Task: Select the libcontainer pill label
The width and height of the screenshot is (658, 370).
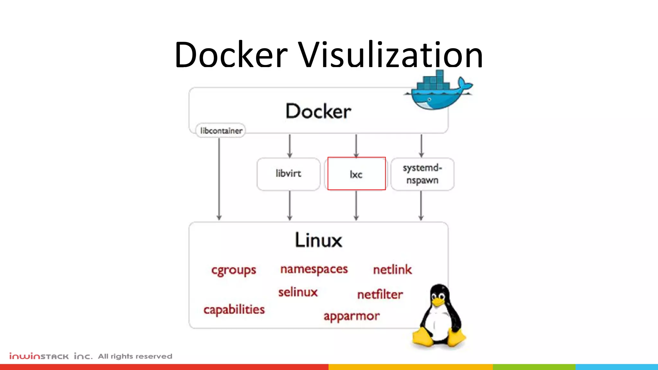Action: coord(221,131)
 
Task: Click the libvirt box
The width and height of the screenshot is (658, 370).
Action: coord(289,174)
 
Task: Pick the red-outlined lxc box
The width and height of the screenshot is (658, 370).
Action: coord(356,174)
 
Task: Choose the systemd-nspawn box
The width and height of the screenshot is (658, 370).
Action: coord(422,174)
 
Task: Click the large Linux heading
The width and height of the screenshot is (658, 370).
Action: coord(318,240)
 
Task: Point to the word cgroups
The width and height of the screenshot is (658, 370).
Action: coord(234,270)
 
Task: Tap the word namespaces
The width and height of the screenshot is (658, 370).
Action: coord(314,269)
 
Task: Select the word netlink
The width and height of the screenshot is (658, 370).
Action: coord(392,270)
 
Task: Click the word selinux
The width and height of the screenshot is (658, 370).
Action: coord(298,292)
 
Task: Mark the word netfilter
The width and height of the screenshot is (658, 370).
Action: coord(380,295)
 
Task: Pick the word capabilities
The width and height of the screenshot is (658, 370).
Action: coord(234,310)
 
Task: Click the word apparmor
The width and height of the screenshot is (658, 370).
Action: coord(351,316)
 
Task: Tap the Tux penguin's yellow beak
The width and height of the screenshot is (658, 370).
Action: coord(438,302)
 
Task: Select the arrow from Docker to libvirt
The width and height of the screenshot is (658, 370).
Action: coord(289,146)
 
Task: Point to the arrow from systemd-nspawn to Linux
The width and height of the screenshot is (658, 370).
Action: coord(421,206)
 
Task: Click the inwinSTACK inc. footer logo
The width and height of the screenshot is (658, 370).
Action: coord(51,356)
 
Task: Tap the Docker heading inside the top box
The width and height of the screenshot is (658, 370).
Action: coord(318,111)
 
